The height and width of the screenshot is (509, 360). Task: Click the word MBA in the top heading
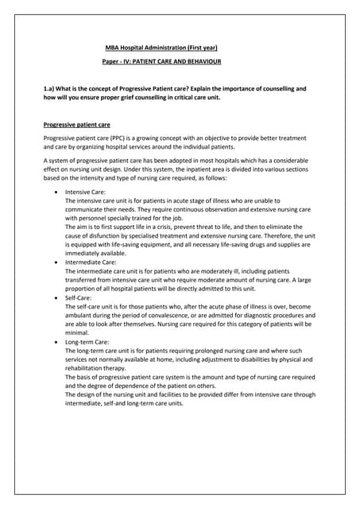coord(112,47)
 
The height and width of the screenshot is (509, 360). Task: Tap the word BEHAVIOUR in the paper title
coord(201,61)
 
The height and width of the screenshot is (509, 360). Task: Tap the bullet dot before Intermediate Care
coord(54,262)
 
